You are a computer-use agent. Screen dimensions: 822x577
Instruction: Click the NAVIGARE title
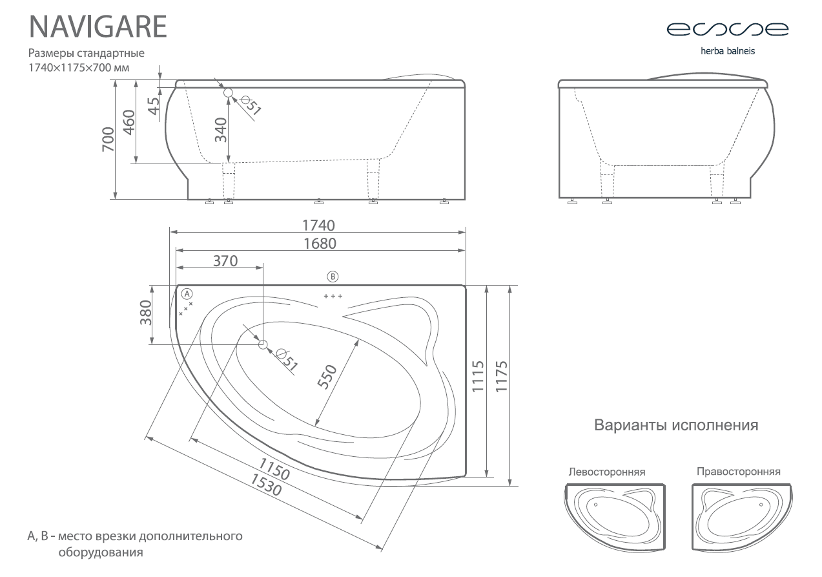pos(98,26)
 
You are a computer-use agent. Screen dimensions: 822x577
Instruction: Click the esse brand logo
pos(727,29)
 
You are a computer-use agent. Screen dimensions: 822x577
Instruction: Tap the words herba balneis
pos(728,51)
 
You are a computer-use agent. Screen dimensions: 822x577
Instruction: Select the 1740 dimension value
pos(318,225)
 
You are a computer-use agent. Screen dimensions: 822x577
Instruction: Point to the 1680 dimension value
pos(320,244)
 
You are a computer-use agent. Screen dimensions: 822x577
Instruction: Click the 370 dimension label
pos(225,261)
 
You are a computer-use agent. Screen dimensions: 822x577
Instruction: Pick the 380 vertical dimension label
pos(146,313)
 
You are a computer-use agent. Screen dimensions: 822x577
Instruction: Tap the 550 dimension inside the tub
pos(327,377)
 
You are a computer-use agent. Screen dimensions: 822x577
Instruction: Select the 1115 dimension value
pos(478,377)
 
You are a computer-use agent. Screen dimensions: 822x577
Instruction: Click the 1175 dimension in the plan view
pos(501,377)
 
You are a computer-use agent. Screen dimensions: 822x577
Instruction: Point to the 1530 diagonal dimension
pos(267,485)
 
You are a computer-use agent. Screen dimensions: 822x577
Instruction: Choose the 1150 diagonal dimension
pos(274,469)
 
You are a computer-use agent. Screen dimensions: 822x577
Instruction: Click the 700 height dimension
pos(108,139)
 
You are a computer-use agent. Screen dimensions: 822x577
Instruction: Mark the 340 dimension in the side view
pos(221,130)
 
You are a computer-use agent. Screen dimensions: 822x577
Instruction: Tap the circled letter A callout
pos(187,294)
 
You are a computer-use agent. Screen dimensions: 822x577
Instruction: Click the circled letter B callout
pos(333,277)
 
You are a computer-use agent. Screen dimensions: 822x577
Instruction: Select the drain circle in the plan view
pos(263,344)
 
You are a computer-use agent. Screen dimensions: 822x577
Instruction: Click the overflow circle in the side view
pos(228,92)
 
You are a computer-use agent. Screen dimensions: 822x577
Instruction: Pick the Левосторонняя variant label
pos(607,472)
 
